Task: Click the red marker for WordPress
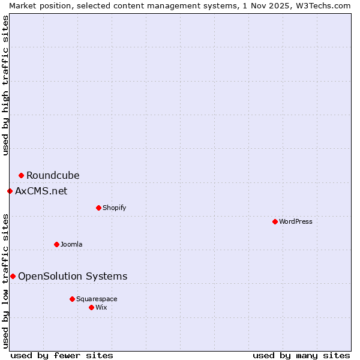(275, 221)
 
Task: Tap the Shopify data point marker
(98, 208)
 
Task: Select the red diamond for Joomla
(56, 244)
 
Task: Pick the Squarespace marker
(72, 299)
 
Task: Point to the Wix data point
(91, 307)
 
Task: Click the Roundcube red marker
(21, 175)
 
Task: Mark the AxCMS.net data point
(10, 191)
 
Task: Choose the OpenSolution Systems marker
(13, 276)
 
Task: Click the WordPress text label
(296, 221)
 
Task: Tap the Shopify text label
(114, 208)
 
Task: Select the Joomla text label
(71, 244)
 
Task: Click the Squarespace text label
(97, 299)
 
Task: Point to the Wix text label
(101, 307)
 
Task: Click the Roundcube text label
(53, 175)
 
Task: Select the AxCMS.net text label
(41, 191)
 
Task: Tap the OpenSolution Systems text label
(73, 276)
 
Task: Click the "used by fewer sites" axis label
(62, 355)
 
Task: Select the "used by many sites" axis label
(301, 355)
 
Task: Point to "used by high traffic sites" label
(5, 86)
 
